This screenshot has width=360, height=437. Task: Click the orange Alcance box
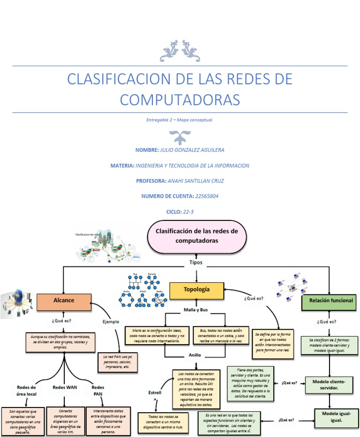63,301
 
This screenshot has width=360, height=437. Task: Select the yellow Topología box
196,290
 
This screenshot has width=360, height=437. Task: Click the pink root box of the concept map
196,236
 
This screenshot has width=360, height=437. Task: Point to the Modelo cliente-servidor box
329,385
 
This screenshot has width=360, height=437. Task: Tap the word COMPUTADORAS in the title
180,99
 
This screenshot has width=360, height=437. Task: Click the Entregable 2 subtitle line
180,120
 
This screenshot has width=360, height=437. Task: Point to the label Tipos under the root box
196,263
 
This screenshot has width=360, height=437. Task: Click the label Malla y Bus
195,310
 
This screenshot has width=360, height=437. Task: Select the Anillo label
195,355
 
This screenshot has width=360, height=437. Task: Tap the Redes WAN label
65,387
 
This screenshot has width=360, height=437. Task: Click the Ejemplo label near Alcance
111,322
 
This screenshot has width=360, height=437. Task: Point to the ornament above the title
180,51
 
